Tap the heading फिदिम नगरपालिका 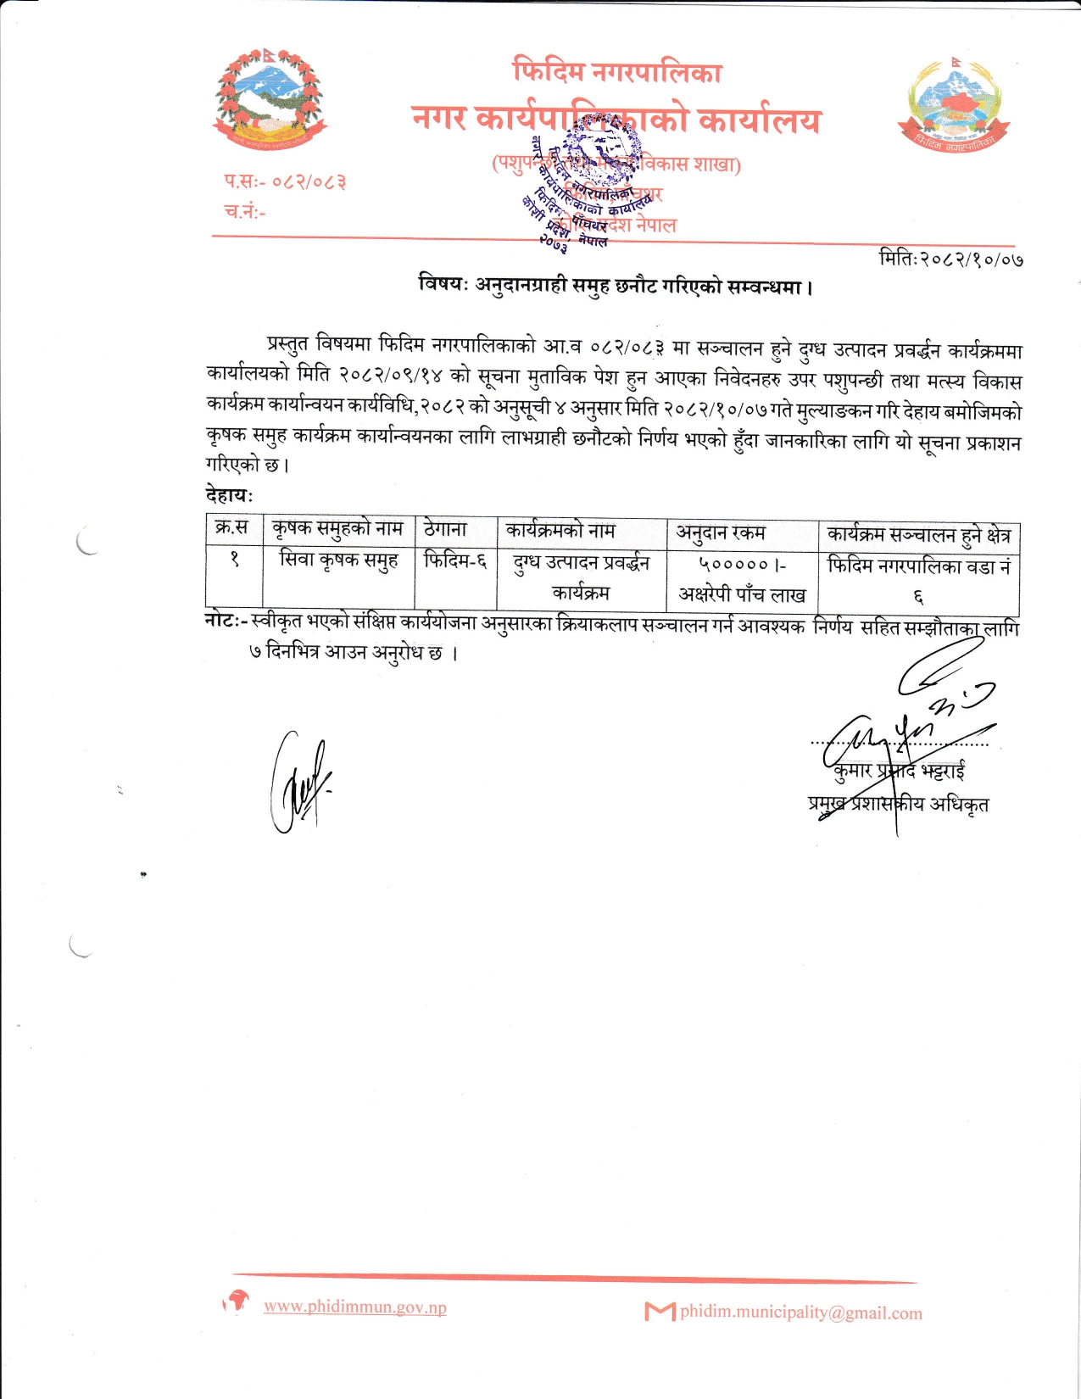point(617,71)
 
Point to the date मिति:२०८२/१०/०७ point(950,257)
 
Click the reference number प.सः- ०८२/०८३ point(285,181)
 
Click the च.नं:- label point(244,211)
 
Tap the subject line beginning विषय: point(616,286)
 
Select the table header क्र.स point(232,528)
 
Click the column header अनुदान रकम point(721,532)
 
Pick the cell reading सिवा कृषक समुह point(338,560)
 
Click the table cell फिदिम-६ point(455,560)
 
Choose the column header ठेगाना point(445,529)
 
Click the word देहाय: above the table point(229,494)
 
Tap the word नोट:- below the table point(226,621)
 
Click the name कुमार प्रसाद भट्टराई point(900,771)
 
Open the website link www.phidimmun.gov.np point(354,1307)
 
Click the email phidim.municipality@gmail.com point(800,1313)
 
